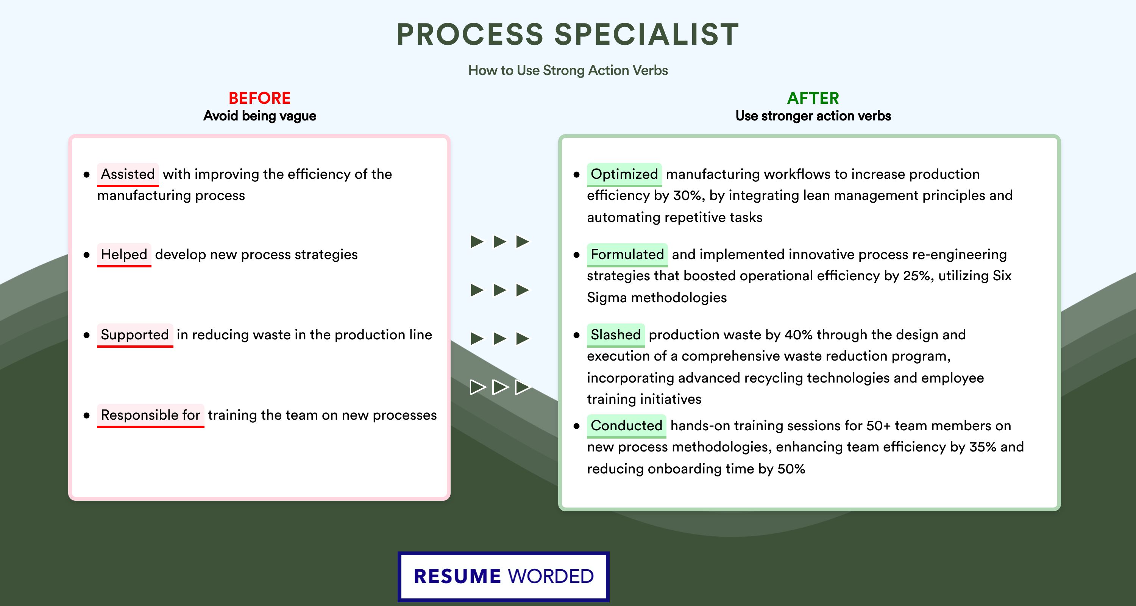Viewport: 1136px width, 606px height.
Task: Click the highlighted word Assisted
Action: tap(128, 174)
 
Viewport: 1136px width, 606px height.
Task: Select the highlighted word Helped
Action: tap(124, 255)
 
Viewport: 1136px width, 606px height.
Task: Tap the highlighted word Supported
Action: tap(135, 335)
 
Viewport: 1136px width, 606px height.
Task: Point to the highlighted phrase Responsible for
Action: tap(150, 415)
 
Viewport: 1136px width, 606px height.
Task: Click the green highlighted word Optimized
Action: tap(624, 174)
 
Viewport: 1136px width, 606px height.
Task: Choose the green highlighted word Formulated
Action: tap(627, 255)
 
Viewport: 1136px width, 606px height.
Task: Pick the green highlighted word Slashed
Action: tap(616, 335)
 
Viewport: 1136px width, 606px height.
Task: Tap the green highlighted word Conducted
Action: tap(626, 426)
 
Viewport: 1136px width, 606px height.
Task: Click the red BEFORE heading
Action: tap(260, 98)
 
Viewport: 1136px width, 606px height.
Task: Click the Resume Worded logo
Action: tap(504, 576)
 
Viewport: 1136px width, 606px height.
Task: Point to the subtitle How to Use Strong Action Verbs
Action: tap(568, 70)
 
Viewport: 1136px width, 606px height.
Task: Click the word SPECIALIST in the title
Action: tap(646, 34)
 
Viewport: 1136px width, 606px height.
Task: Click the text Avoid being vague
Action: tap(260, 116)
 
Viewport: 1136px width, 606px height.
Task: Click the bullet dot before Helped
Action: tap(86, 255)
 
